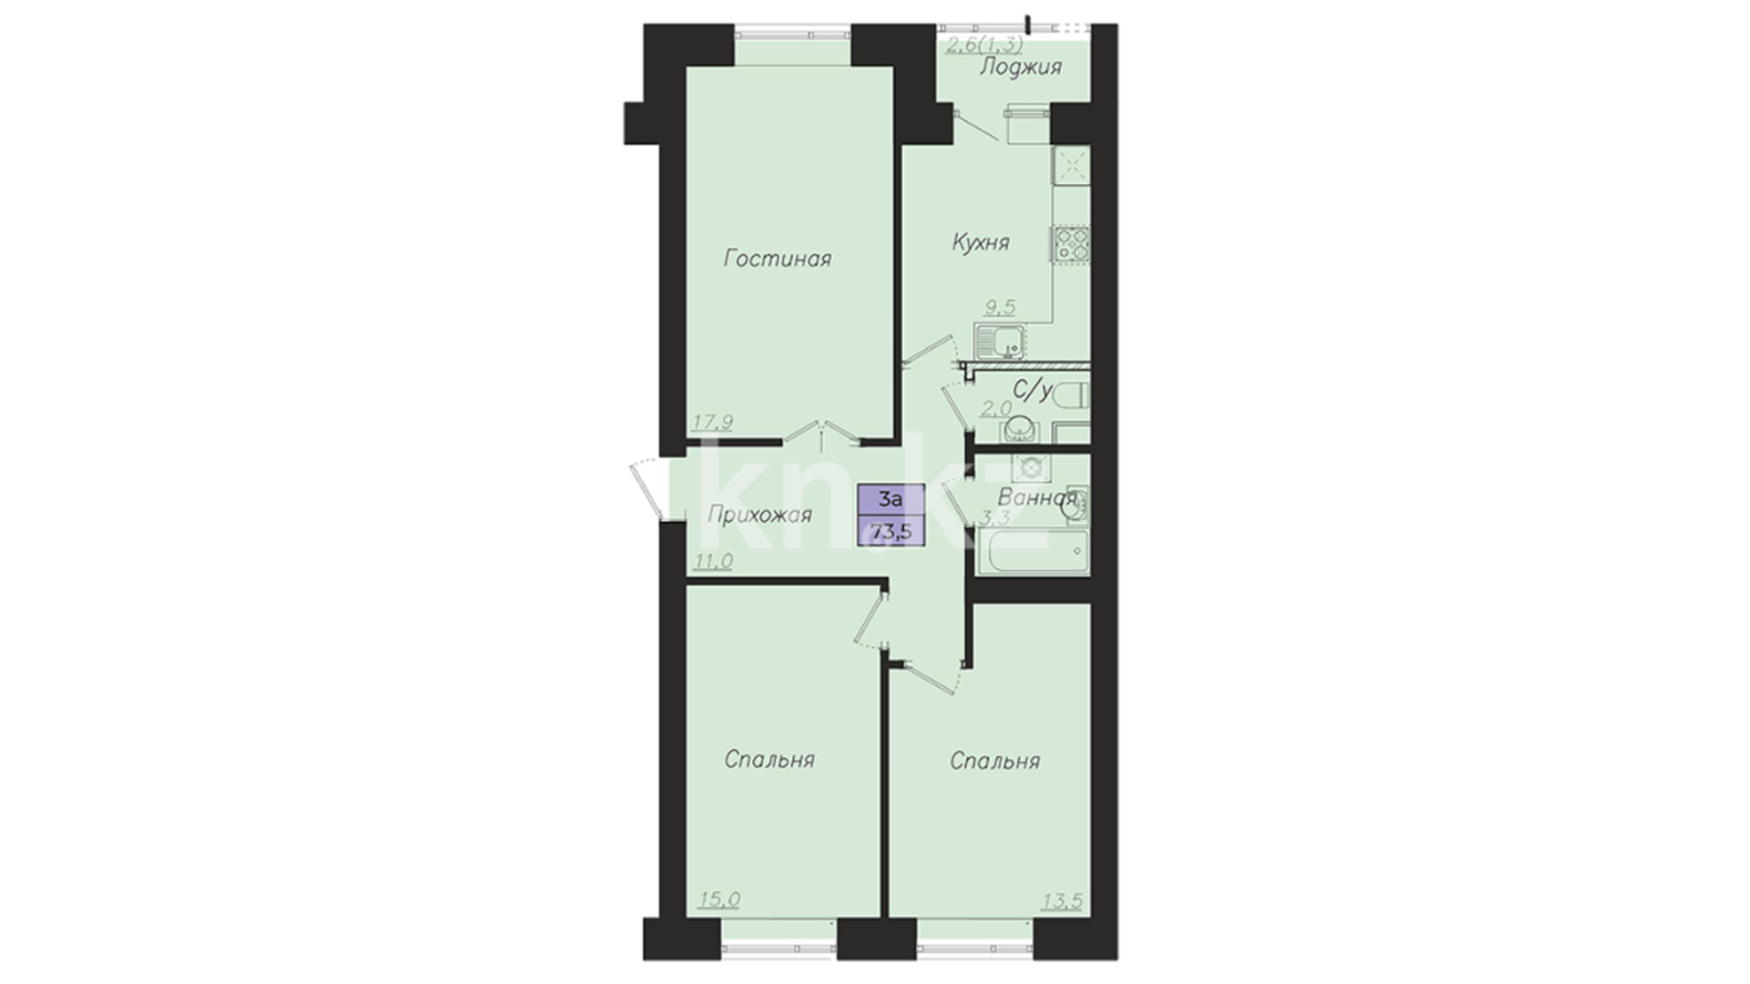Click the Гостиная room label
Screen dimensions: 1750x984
coord(777,259)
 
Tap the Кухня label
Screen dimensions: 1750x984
coord(981,242)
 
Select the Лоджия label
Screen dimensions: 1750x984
coord(1021,67)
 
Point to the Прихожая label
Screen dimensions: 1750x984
coord(760,516)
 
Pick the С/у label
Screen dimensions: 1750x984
coord(1034,392)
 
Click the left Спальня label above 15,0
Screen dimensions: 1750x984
coord(770,759)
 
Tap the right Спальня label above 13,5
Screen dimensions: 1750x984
coord(994,761)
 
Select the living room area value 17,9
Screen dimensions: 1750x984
coord(713,422)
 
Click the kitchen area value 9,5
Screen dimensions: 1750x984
coord(999,307)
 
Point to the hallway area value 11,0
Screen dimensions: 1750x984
coord(714,561)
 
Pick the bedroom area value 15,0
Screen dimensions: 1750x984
coord(719,900)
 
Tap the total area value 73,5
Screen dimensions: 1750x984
coord(893,529)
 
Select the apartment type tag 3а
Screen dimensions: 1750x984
coord(890,499)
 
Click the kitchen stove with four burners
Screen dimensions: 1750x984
coord(1072,244)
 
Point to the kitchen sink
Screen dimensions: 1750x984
coord(1000,343)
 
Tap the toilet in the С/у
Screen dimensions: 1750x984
coord(1072,395)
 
